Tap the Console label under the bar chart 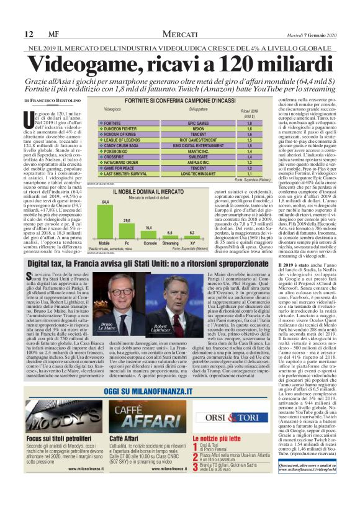tap(150, 243)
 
